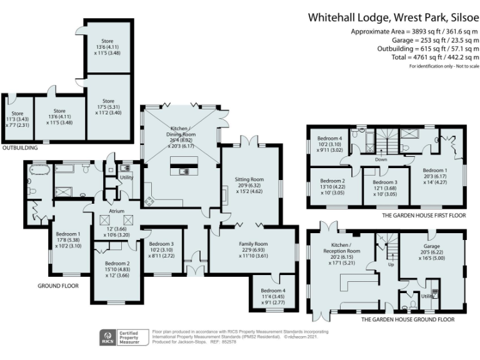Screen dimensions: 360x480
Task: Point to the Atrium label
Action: pyautogui.click(x=117, y=211)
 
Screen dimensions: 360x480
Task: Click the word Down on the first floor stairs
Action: pyautogui.click(x=381, y=159)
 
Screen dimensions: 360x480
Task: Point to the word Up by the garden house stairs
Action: pyautogui.click(x=392, y=264)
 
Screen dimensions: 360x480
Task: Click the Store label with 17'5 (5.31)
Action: pyautogui.click(x=108, y=101)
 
